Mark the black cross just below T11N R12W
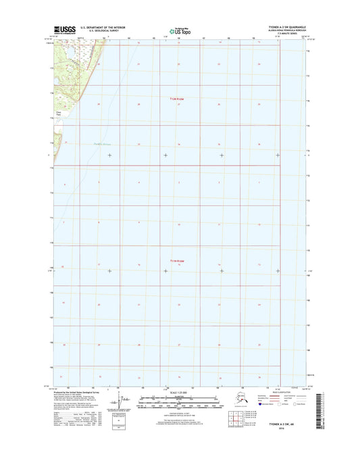click(x=166, y=272)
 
